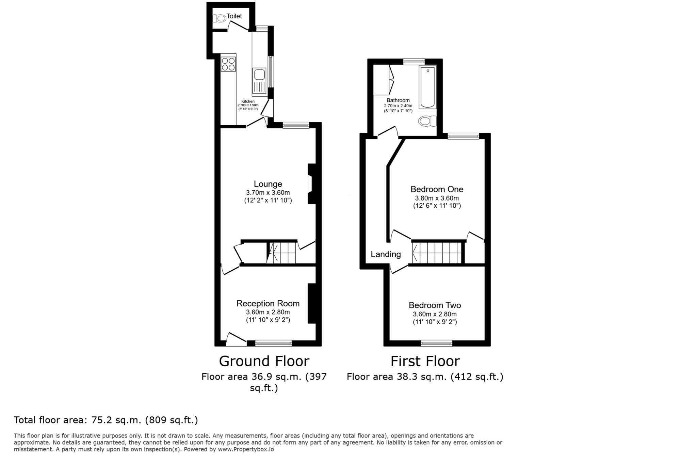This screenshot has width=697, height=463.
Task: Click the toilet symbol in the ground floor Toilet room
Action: click(221, 18)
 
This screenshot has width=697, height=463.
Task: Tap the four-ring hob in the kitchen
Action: click(228, 64)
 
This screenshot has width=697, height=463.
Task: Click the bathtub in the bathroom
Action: click(427, 87)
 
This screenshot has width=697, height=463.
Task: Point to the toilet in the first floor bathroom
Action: click(427, 121)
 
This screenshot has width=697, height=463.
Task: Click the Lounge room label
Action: click(268, 184)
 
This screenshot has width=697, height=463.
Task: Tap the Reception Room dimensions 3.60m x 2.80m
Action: click(268, 312)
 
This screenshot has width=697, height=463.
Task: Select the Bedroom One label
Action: click(437, 189)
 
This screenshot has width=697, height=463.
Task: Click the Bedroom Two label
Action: click(435, 305)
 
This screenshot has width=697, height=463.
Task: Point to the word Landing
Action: click(386, 254)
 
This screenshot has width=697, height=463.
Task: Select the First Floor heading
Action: click(425, 361)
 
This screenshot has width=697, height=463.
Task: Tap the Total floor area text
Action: click(106, 420)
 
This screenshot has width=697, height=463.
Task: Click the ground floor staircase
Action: click(282, 253)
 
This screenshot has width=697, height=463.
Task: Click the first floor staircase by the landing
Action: click(437, 253)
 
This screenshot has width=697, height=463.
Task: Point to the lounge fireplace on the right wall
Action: click(311, 184)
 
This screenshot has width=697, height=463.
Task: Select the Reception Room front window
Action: click(273, 343)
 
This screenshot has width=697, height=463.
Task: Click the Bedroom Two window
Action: click(436, 343)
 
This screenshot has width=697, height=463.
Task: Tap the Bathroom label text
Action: click(398, 100)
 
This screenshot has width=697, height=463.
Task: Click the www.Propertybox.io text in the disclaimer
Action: click(246, 449)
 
